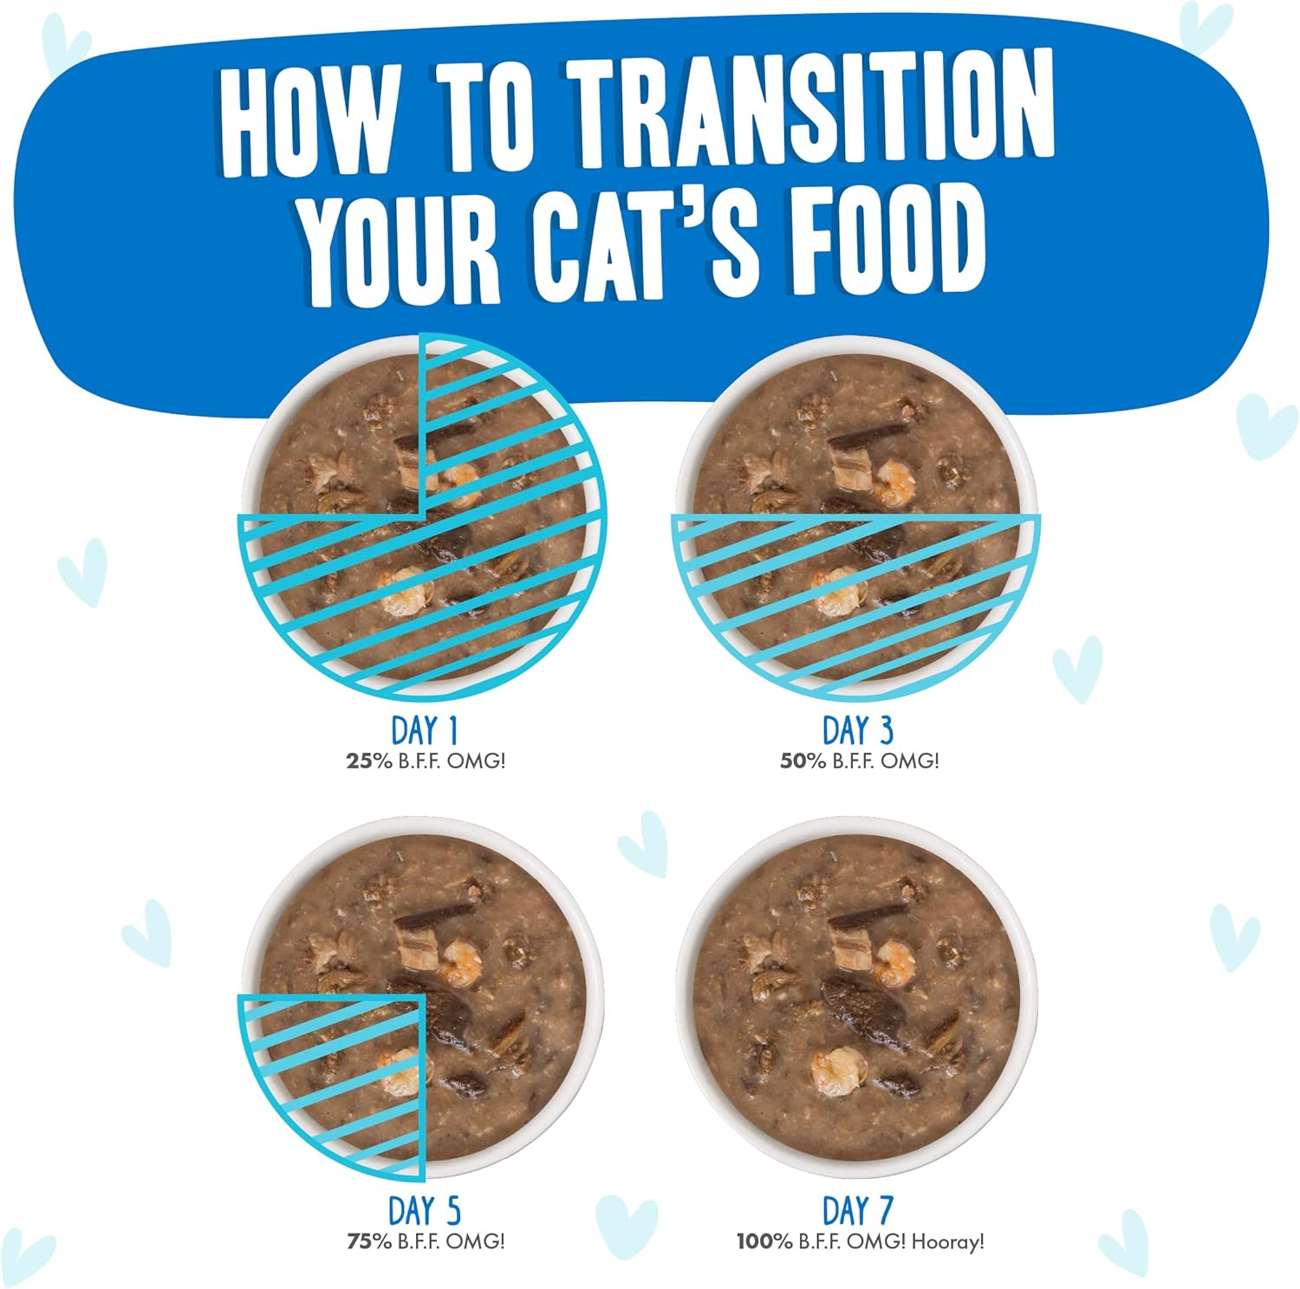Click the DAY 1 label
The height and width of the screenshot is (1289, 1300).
click(424, 730)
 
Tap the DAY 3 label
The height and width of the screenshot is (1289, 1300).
click(857, 730)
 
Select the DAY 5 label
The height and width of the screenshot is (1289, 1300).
click(425, 1211)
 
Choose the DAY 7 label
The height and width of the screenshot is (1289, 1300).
click(857, 1211)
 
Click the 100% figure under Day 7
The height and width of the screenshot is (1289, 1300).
click(764, 1241)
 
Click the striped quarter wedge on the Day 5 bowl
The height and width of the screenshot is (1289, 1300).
click(347, 1074)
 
